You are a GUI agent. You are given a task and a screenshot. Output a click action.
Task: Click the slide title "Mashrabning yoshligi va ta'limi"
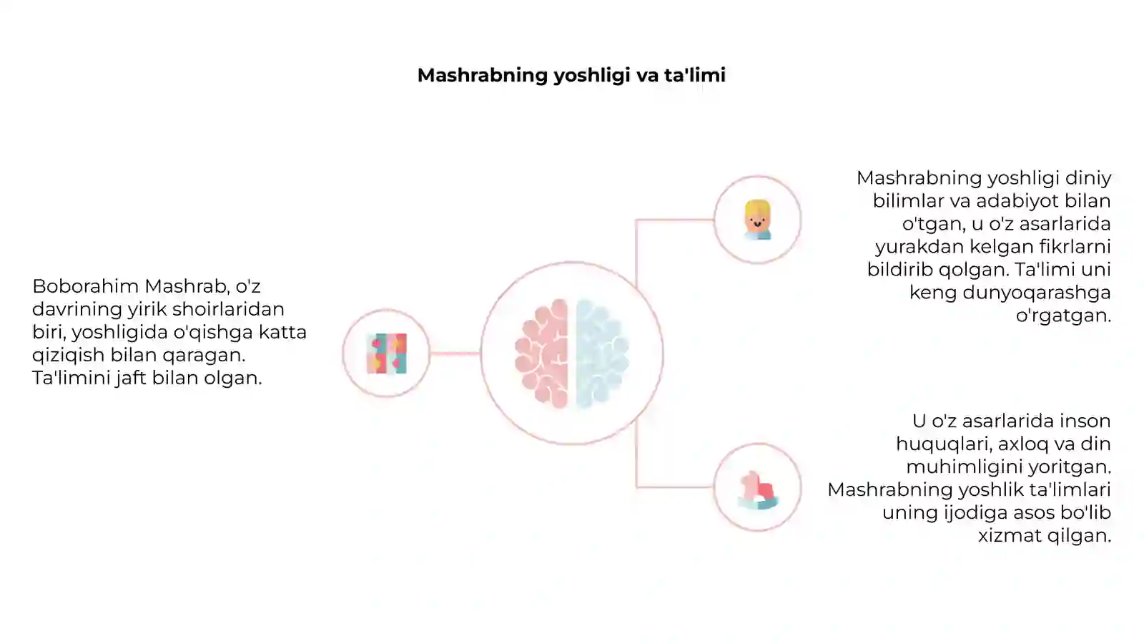click(571, 75)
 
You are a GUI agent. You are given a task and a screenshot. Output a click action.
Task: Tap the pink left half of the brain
click(542, 353)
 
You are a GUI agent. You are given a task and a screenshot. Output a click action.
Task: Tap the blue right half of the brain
click(601, 353)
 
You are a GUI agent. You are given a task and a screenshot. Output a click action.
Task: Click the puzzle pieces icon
click(387, 353)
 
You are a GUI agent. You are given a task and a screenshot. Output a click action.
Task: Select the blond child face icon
click(757, 220)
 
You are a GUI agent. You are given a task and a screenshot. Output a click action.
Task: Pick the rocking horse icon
click(757, 489)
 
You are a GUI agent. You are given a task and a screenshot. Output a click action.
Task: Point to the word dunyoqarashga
click(1036, 293)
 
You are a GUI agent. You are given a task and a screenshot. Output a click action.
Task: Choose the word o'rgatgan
click(1063, 316)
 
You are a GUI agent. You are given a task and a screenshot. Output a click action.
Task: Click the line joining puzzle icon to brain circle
click(455, 353)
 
